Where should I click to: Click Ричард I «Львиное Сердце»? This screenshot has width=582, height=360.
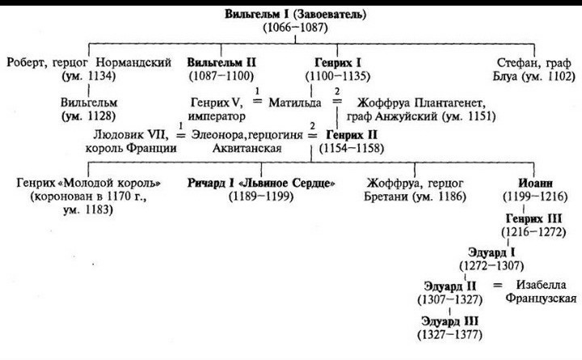pyautogui.click(x=261, y=183)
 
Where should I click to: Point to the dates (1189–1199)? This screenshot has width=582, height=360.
pyautogui.click(x=260, y=197)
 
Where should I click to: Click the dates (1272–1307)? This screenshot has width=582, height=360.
pyautogui.click(x=491, y=265)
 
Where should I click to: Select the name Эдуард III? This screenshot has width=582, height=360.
pyautogui.click(x=448, y=320)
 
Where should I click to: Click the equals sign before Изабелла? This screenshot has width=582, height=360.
pyautogui.click(x=499, y=285)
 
